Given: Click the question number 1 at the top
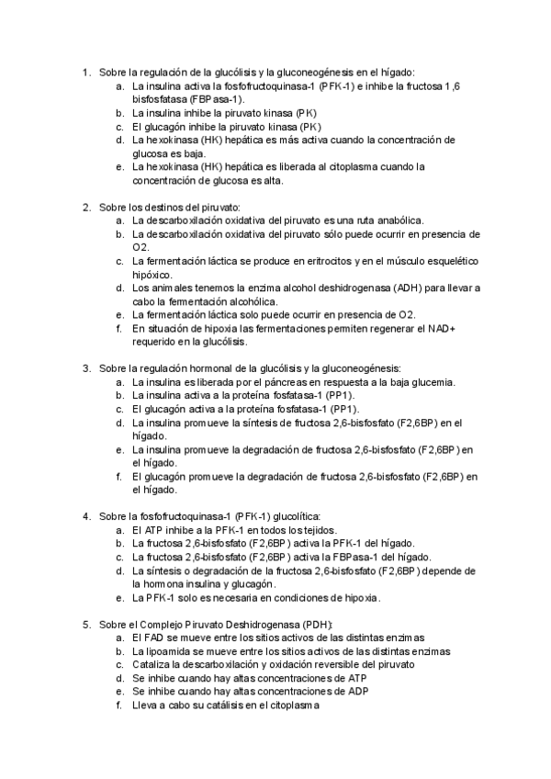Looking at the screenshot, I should coord(84,72).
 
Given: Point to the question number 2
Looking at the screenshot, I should coord(84,208).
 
